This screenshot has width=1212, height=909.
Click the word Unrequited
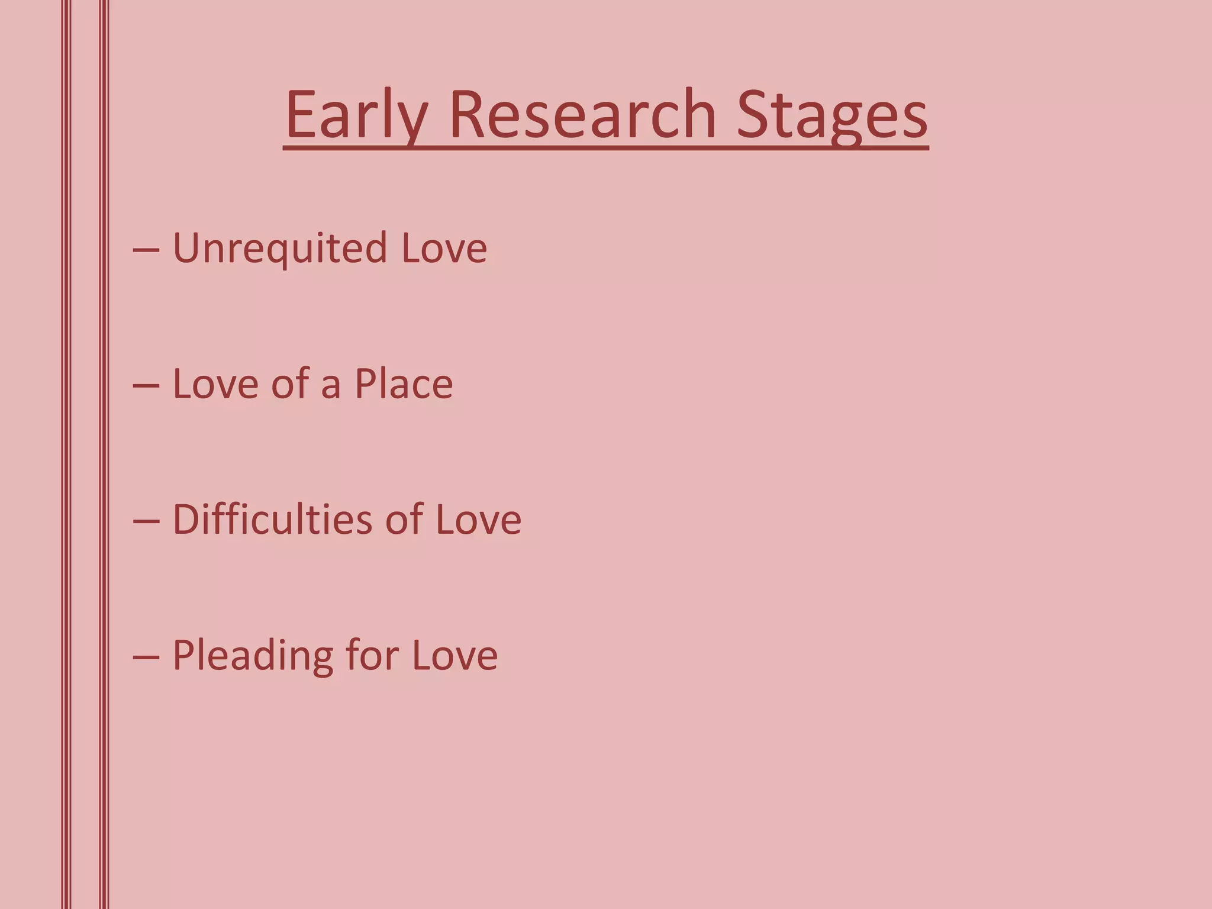(x=279, y=249)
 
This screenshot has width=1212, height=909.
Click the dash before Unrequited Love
(x=146, y=250)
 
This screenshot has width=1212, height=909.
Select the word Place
(x=404, y=384)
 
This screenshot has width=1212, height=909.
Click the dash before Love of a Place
(x=146, y=386)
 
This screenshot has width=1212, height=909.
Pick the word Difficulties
(x=272, y=520)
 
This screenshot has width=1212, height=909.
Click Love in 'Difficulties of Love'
(x=478, y=520)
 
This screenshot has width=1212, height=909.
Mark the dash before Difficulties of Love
(x=146, y=521)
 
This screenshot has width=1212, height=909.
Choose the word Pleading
(x=253, y=656)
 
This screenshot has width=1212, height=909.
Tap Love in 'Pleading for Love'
(x=454, y=656)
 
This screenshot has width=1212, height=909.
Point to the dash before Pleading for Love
(x=146, y=657)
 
